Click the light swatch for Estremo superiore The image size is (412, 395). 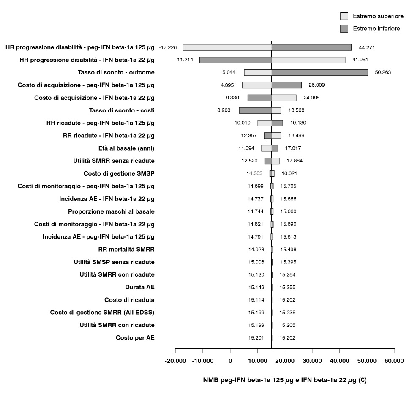(344, 16)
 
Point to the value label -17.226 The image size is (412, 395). (168, 47)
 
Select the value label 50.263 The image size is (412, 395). (383, 72)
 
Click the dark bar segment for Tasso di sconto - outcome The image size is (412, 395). (319, 72)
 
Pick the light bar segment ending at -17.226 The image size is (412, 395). (227, 47)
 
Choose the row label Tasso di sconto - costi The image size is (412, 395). (122, 110)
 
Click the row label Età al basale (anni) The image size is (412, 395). (126, 148)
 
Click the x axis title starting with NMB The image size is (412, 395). (285, 380)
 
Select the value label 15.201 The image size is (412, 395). (256, 338)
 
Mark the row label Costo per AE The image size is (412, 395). (135, 338)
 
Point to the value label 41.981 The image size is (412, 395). (360, 60)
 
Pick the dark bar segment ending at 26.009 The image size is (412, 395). (286, 85)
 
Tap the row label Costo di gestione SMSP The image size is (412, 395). (119, 173)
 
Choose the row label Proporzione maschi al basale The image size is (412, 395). (111, 211)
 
